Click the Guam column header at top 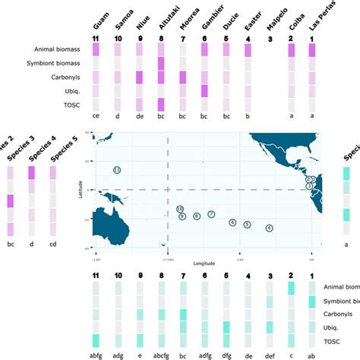click(x=96, y=16)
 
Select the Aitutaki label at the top click(x=161, y=15)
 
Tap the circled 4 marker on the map click(x=269, y=228)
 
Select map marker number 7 click(x=211, y=215)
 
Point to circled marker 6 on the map click(x=232, y=223)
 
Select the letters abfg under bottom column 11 click(x=96, y=353)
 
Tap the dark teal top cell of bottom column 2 click(x=291, y=287)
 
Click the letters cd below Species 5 click(x=53, y=245)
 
